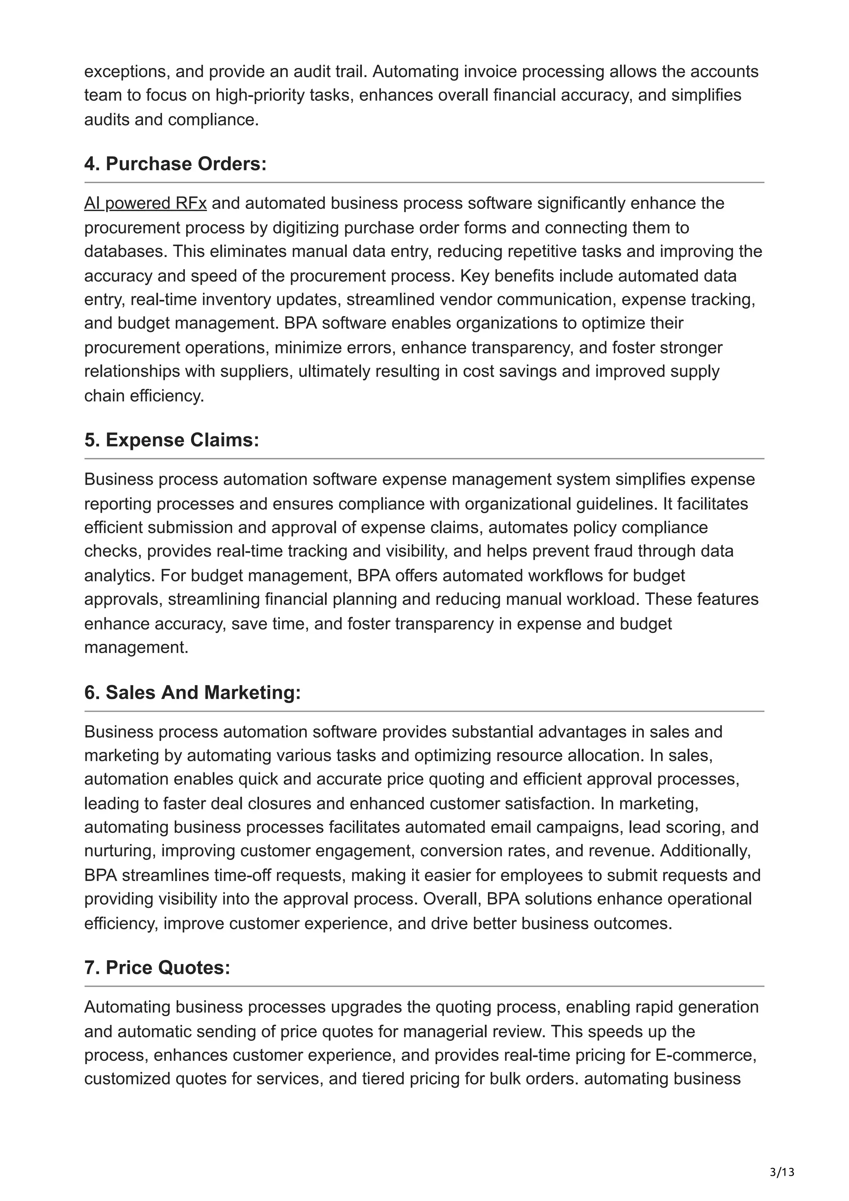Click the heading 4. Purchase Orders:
[x=175, y=164]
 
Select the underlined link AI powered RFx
[x=145, y=203]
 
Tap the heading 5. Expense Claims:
[x=172, y=440]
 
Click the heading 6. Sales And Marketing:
[x=192, y=693]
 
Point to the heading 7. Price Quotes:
[x=157, y=968]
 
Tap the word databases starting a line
[x=126, y=252]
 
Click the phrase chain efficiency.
[x=144, y=396]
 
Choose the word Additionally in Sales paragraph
[x=705, y=851]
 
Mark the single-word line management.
[x=136, y=648]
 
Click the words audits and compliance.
[x=172, y=120]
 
